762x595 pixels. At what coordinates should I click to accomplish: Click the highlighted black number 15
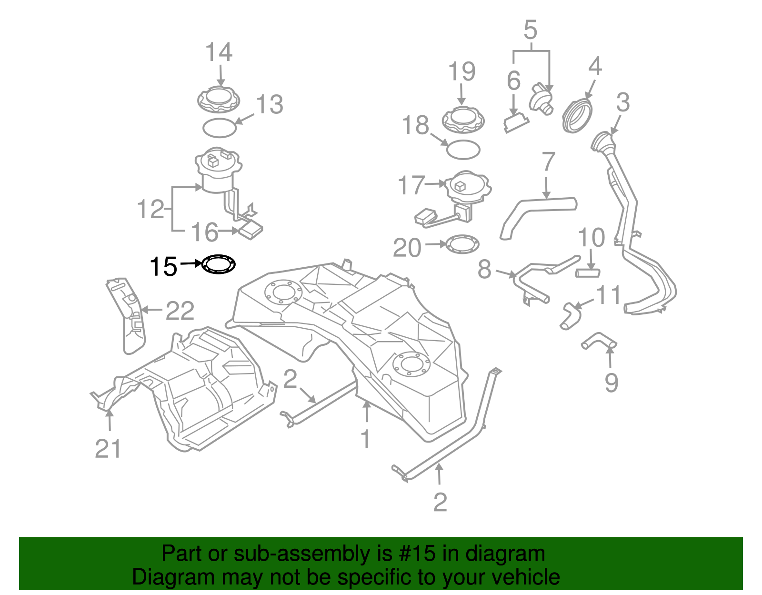pos(163,267)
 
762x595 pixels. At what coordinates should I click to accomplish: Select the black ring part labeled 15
pos(219,264)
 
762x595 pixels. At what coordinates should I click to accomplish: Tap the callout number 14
pos(219,52)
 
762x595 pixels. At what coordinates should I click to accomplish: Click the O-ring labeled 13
pos(219,128)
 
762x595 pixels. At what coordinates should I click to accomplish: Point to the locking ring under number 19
pos(463,120)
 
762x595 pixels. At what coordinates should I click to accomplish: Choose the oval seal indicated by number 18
pos(463,150)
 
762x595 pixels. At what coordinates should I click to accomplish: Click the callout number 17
pos(411,185)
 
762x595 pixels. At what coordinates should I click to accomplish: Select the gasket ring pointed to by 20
pos(462,244)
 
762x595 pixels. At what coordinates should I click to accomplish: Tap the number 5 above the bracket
pos(530,30)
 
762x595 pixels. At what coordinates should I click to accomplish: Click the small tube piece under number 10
pos(588,273)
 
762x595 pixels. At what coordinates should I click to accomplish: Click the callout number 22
pos(180,311)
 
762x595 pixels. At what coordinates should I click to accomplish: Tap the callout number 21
pos(108,448)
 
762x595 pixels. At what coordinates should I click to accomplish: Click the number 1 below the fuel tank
pos(365,439)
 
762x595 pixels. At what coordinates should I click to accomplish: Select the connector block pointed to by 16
pos(250,231)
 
